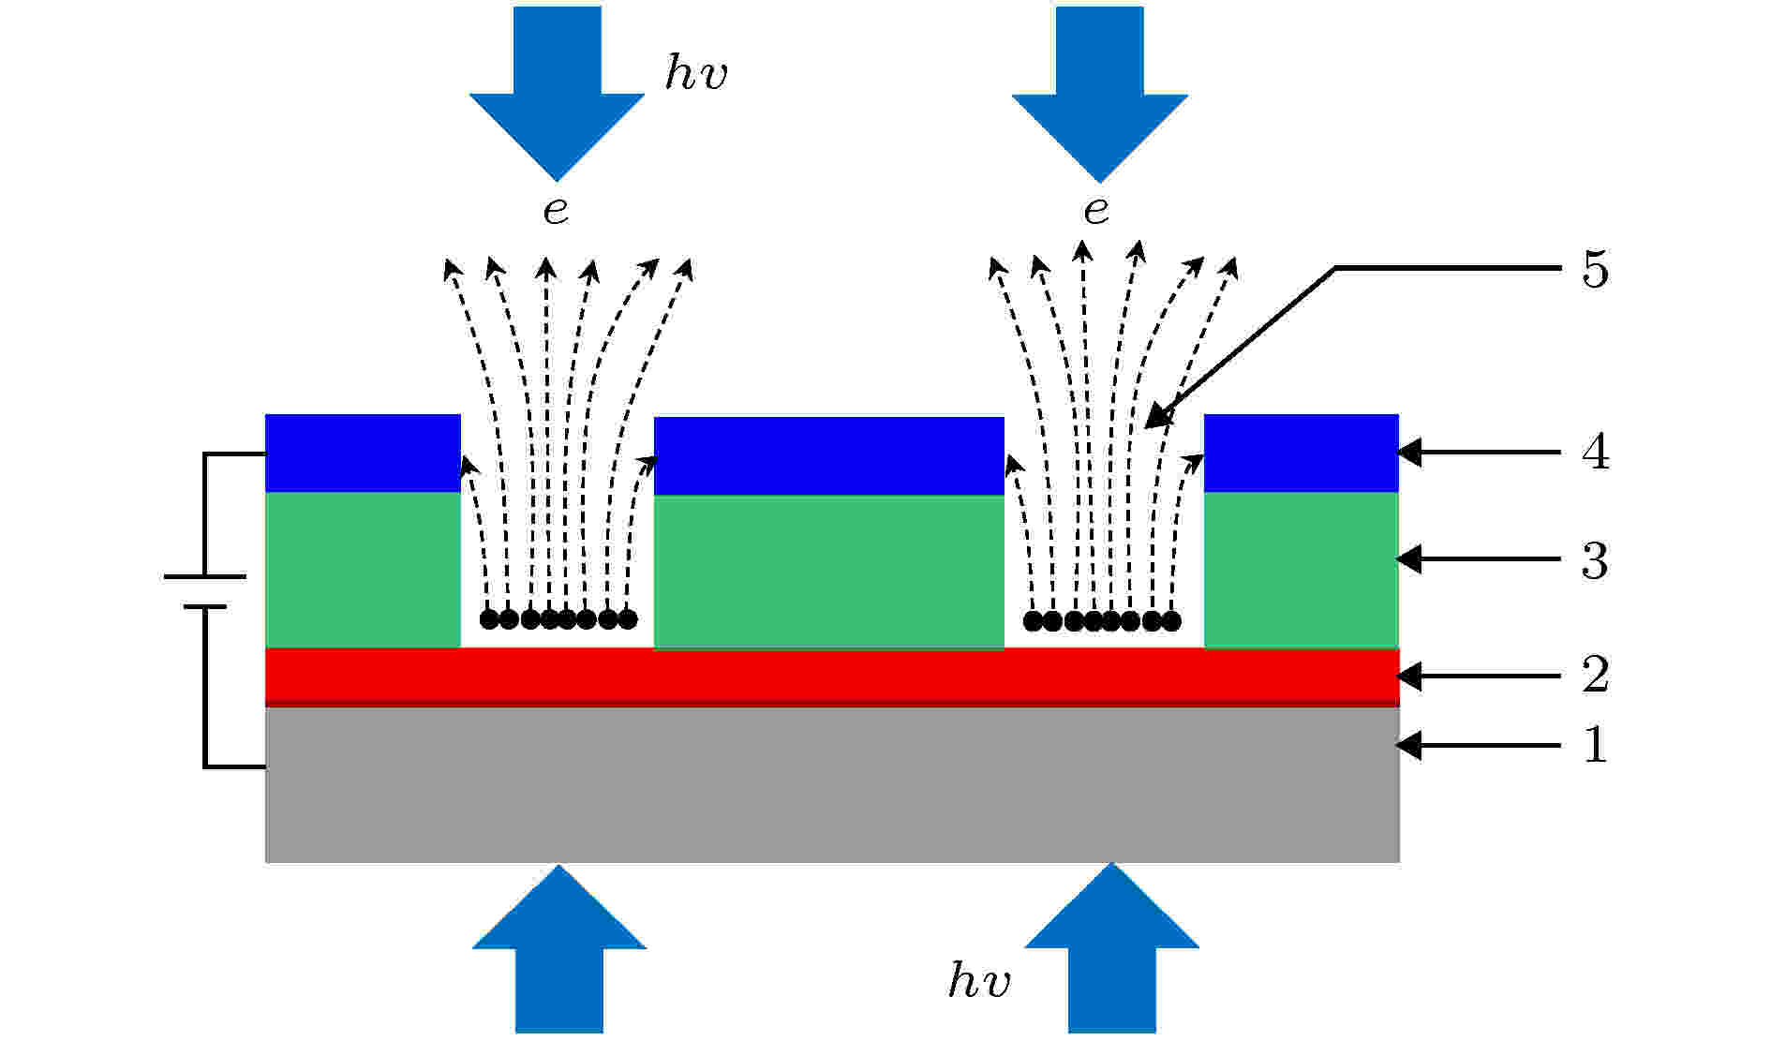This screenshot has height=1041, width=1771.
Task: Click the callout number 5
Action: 1595,270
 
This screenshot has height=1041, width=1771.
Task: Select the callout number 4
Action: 1595,454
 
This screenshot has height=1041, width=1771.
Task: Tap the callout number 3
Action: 1595,561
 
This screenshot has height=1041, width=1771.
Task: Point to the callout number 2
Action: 1595,675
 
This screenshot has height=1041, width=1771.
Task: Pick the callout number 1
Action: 1595,746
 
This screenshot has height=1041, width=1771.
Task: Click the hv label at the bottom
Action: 979,980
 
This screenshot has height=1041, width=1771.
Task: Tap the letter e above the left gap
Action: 556,212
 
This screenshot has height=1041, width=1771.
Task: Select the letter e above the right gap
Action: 1096,212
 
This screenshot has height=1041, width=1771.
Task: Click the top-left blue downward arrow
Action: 557,94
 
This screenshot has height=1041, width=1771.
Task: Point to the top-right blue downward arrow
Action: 1099,94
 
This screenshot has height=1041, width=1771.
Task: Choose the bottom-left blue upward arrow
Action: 559,949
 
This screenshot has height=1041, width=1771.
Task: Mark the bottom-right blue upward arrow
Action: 1112,948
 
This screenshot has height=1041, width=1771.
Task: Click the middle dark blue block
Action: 828,455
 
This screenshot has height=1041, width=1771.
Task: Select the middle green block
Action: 828,572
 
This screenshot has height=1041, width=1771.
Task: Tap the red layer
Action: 832,677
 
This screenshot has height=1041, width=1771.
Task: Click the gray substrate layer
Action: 832,784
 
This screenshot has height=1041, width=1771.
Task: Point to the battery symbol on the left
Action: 205,591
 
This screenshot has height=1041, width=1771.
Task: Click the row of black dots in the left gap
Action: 558,619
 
